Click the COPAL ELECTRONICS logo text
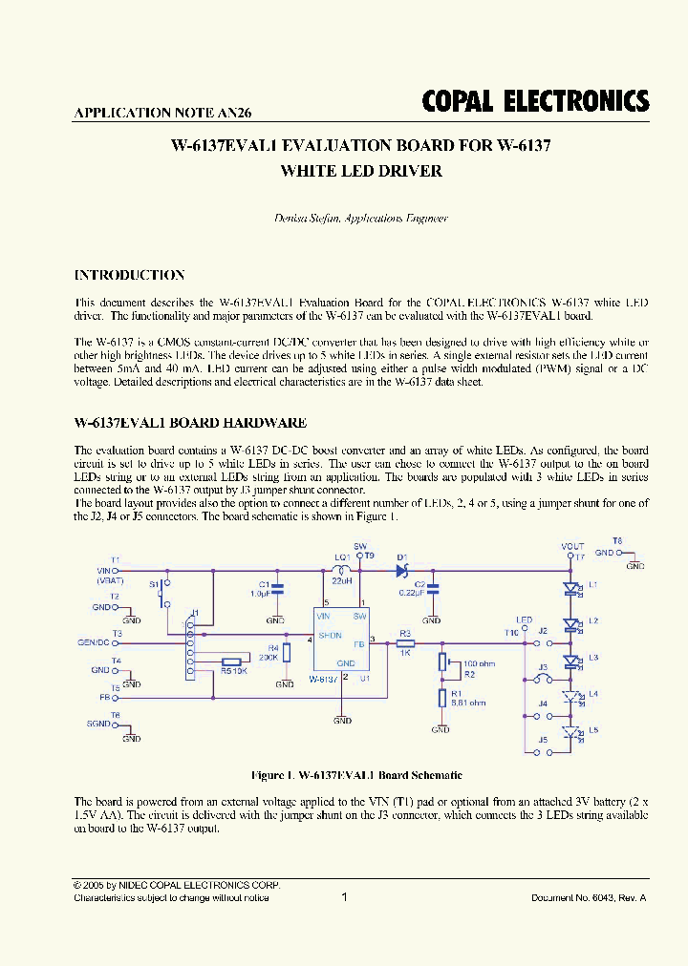(x=535, y=102)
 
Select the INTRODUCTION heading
(x=129, y=275)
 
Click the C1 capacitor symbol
(x=277, y=588)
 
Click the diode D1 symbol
(x=401, y=571)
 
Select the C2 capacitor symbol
(x=433, y=587)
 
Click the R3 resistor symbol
(x=405, y=642)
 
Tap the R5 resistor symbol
(x=230, y=661)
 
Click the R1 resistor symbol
(x=441, y=698)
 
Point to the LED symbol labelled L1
(x=571, y=588)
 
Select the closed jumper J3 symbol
(x=544, y=679)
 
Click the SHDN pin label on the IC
(x=331, y=634)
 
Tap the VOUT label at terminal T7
(x=571, y=546)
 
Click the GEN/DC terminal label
(x=94, y=641)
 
